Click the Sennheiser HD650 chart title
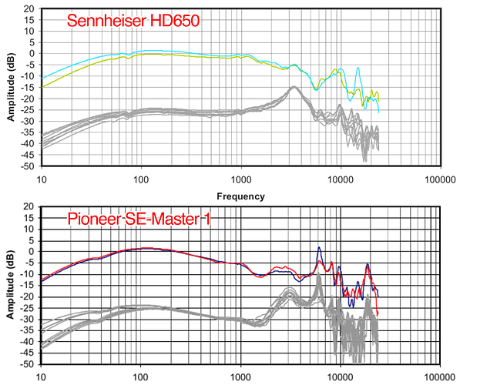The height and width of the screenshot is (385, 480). click(133, 21)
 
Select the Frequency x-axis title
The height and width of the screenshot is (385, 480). click(240, 196)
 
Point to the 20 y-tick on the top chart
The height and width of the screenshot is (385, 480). click(28, 8)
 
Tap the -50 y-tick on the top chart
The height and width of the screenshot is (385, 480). click(25, 166)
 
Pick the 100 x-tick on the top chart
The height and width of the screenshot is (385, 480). click(140, 180)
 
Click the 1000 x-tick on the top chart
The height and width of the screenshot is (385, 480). click(240, 180)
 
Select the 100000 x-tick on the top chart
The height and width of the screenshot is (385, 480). click(439, 180)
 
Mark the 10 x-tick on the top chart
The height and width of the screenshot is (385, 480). click(42, 180)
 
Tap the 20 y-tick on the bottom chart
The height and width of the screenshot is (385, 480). click(28, 206)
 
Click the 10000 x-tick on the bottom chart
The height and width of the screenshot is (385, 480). click(340, 378)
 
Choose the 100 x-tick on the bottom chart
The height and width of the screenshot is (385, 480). click(140, 378)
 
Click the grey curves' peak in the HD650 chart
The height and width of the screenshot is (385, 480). click(294, 88)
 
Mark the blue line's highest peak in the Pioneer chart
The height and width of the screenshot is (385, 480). click(319, 248)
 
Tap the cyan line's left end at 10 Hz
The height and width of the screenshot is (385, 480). click(42, 79)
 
